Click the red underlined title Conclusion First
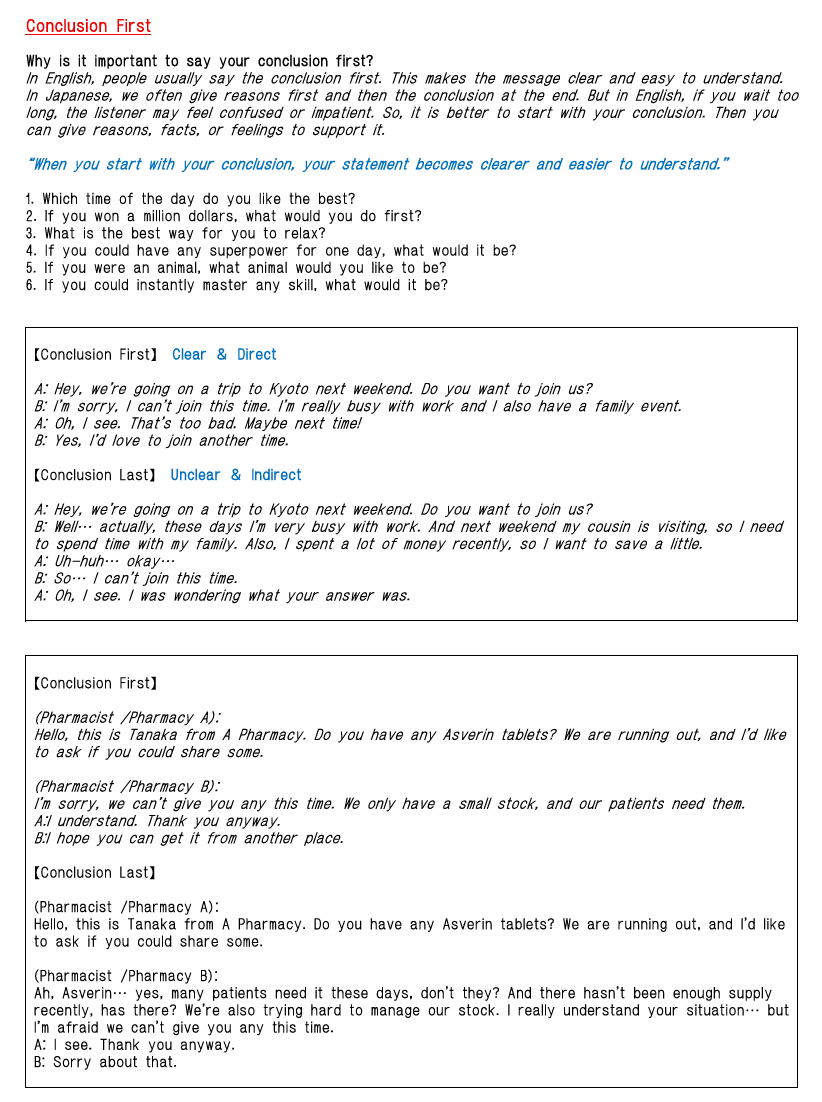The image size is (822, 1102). (x=88, y=26)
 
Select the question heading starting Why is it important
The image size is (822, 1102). (x=200, y=62)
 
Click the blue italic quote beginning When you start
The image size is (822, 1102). (x=377, y=164)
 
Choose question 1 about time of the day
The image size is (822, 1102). (x=190, y=199)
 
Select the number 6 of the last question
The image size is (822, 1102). (x=30, y=285)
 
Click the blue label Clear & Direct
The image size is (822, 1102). (x=224, y=354)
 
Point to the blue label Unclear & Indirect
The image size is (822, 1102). (x=236, y=475)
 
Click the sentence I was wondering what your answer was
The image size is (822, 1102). (x=270, y=595)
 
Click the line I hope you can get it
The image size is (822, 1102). (x=190, y=838)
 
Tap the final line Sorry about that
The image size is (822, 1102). (x=106, y=1062)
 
